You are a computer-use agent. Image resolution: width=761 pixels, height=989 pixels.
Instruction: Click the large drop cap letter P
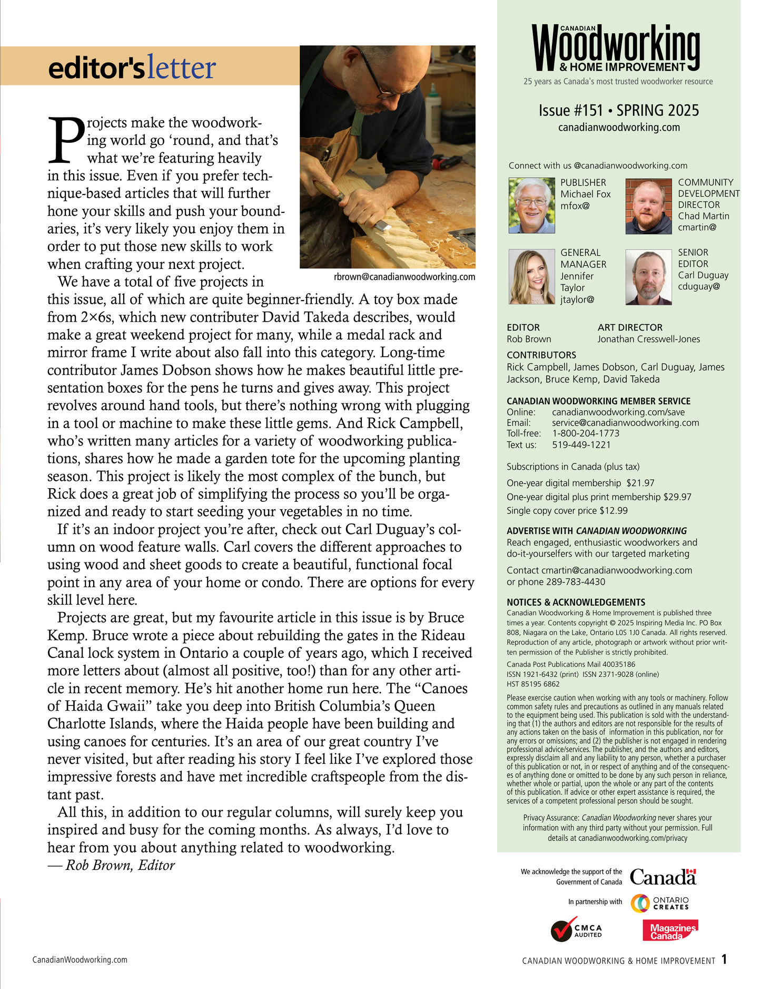pos(66,139)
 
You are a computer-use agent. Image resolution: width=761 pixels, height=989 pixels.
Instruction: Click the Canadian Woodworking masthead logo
pos(616,48)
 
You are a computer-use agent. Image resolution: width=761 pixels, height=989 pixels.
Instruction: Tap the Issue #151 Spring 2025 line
pos(618,111)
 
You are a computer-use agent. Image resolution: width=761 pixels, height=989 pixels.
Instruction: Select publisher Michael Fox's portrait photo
pos(532,206)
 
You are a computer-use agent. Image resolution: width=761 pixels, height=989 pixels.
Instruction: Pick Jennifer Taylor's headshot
pos(532,277)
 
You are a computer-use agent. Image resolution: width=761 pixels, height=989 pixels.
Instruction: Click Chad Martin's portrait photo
pos(648,206)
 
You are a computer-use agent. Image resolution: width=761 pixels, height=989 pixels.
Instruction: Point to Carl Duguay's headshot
pos(648,277)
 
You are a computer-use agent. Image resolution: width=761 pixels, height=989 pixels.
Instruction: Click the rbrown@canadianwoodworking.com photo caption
pos(404,277)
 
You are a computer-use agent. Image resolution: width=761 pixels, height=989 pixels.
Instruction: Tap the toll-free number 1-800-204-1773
pos(586,433)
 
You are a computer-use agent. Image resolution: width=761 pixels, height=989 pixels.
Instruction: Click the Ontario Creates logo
pos(660,903)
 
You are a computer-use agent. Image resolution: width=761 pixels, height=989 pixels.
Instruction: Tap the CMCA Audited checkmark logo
pos(576,931)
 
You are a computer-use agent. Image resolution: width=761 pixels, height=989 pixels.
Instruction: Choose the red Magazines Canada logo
pos(670,931)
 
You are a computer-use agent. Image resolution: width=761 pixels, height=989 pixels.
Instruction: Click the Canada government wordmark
pos(663,877)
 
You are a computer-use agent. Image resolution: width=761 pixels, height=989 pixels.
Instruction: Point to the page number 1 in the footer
pos(724,959)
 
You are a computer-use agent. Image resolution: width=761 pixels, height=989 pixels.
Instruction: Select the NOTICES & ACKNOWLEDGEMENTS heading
pos(576,602)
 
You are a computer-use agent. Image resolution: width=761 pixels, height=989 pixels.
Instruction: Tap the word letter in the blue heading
pos(181,68)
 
